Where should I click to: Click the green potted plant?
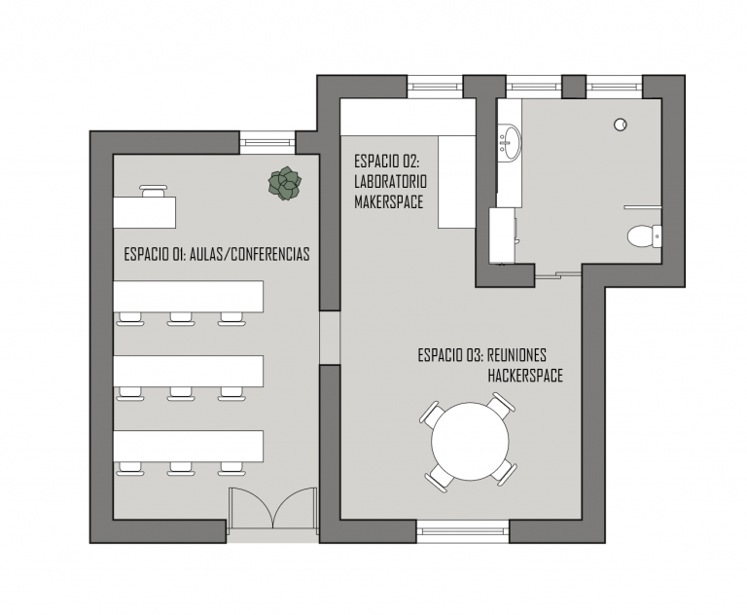pos(285,183)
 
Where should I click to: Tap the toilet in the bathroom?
pos(644,236)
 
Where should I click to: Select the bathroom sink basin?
pos(511,142)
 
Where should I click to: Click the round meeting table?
pos(470,441)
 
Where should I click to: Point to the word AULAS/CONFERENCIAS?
pos(250,254)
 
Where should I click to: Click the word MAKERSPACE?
pos(389,201)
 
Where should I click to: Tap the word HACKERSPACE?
pos(525,376)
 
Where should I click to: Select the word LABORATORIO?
pos(391,182)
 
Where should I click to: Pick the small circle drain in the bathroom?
pos(621,125)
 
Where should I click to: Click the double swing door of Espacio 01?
pos(273,508)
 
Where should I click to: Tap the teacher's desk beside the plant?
pos(144,212)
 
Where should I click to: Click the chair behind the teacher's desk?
pos(154,191)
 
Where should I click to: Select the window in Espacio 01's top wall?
pos(267,142)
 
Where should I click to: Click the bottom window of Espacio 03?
pos(463,531)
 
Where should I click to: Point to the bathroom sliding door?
pos(558,275)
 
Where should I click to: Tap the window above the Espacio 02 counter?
pos(436,87)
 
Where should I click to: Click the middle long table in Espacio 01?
pos(188,371)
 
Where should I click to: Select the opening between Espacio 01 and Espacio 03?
pos(330,338)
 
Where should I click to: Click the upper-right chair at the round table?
pos(501,405)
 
